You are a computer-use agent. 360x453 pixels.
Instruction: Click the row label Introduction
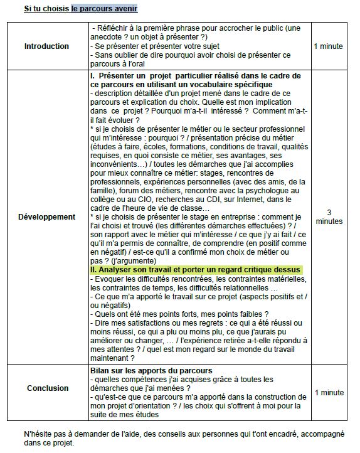46,46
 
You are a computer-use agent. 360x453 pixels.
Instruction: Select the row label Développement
47,216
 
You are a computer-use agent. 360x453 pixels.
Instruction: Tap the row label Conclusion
48,388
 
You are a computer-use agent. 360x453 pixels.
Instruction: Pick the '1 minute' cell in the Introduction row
329,46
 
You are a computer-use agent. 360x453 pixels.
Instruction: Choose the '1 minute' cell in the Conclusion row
329,393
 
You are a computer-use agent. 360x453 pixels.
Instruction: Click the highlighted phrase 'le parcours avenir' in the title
104,9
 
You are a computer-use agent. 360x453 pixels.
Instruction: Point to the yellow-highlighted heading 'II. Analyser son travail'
196,269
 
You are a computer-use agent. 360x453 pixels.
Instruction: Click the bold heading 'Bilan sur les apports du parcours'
151,371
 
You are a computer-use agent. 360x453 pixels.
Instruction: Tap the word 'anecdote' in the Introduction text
107,37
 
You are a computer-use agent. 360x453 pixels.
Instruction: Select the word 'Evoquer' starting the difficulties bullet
110,279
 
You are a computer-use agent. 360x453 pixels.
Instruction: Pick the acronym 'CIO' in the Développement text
142,200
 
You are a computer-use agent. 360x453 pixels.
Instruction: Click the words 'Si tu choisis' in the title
46,9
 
